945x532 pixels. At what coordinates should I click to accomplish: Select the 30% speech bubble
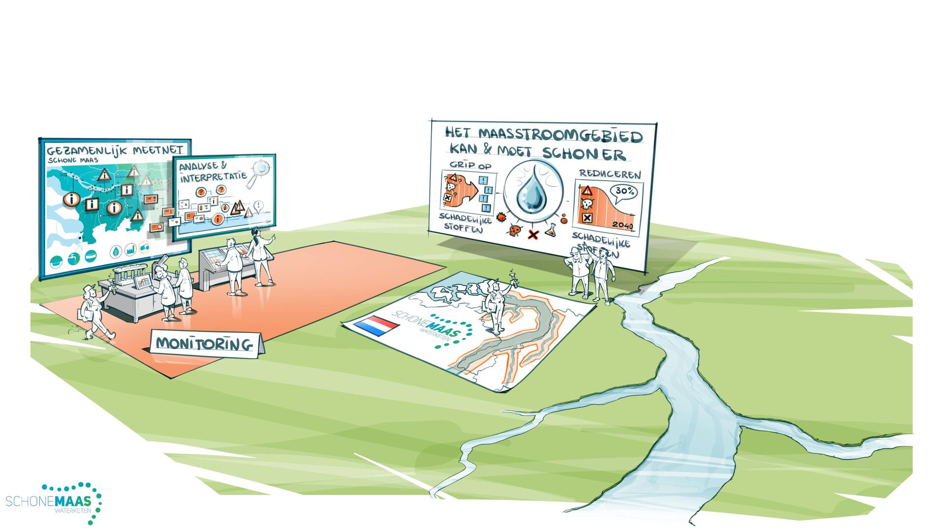point(624,192)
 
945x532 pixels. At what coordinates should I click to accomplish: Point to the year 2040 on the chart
point(623,226)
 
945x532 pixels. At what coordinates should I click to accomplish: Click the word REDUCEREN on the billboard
point(610,174)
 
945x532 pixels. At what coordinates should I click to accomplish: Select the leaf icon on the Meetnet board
point(116,252)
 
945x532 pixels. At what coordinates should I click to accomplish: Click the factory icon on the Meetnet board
point(130,249)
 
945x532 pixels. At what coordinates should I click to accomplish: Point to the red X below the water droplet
point(533,234)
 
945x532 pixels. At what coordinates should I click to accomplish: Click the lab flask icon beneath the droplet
point(550,229)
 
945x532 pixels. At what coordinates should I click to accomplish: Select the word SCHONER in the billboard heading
point(584,154)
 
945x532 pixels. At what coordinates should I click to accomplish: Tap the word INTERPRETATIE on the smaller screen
point(213,176)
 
